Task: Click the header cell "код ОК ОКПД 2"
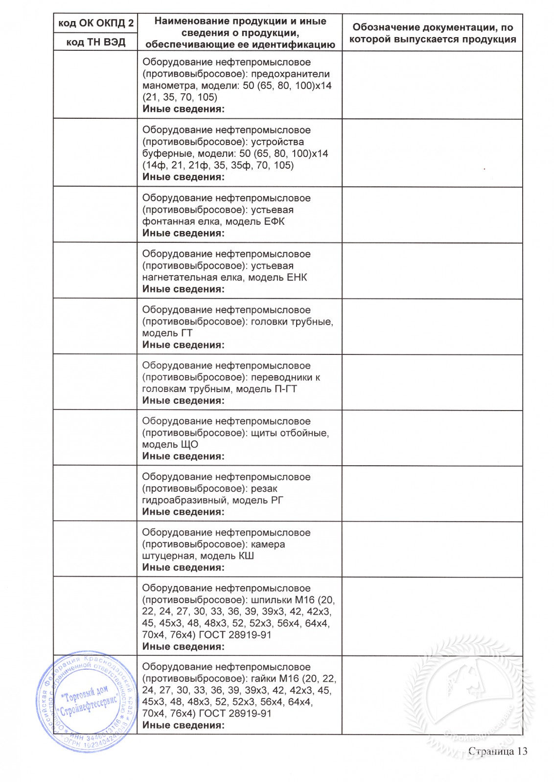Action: coord(96,23)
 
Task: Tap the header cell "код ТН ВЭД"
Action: coord(96,42)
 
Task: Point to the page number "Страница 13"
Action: coord(498,751)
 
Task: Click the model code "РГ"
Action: coord(277,500)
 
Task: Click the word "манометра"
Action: coord(164,86)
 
